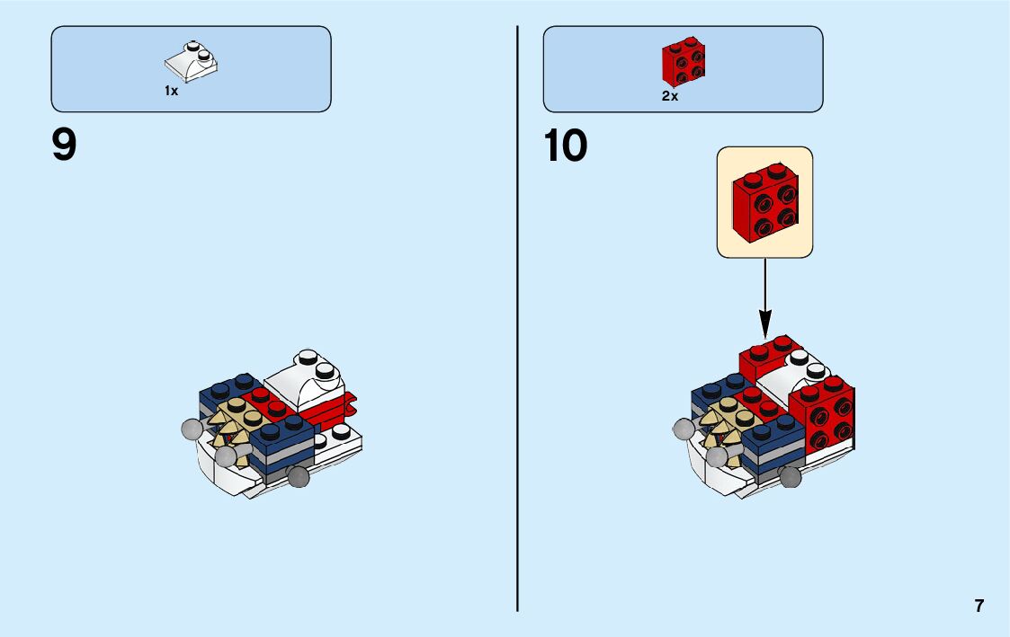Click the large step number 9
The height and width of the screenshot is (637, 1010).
pos(64,146)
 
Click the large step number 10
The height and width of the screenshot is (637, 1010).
pos(566,146)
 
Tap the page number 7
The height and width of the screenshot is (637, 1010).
pos(979,606)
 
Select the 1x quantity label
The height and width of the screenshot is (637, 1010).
pos(171,91)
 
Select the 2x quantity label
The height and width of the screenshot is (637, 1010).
pos(669,96)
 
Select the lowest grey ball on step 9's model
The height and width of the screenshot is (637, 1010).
pos(298,476)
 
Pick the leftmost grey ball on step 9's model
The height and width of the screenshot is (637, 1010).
pos(191,429)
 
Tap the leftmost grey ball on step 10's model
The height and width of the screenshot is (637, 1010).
pos(684,429)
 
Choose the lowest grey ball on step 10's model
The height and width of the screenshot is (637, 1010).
pos(791,478)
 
